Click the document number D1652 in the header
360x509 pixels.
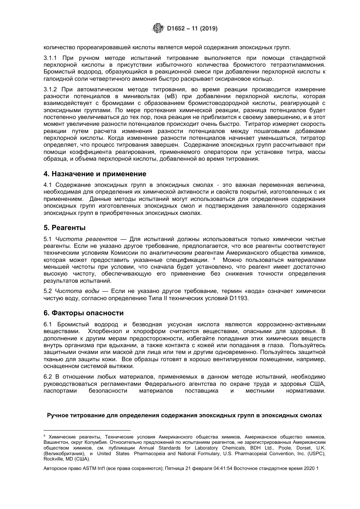pos(176,28)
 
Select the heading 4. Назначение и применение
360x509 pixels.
pos(95,174)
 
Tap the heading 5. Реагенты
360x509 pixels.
pos(64,228)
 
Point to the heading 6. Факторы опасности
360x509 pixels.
pos(83,313)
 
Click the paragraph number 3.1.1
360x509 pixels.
pos(50,58)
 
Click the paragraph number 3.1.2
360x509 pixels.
pos(50,89)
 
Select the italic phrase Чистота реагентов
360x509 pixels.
pos(86,239)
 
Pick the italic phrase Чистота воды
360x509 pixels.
pos(77,291)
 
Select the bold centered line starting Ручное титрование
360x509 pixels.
pos(184,415)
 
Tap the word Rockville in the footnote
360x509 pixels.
pos(55,459)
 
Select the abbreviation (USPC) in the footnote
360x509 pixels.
pos(316,453)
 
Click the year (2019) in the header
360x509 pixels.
pos(208,28)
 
